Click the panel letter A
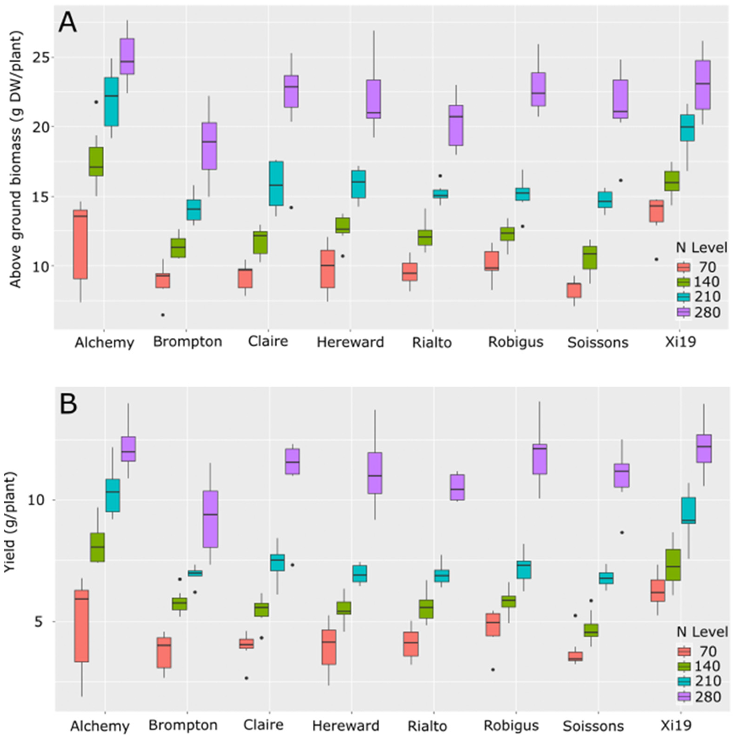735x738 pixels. [68, 24]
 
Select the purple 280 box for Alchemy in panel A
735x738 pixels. [127, 56]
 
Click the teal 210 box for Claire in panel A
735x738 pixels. [276, 183]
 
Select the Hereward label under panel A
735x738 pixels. [350, 342]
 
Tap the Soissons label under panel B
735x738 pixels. [593, 725]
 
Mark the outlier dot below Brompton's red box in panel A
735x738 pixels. [163, 315]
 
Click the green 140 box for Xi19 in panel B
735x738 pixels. [673, 565]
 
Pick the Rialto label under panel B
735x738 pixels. [427, 725]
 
